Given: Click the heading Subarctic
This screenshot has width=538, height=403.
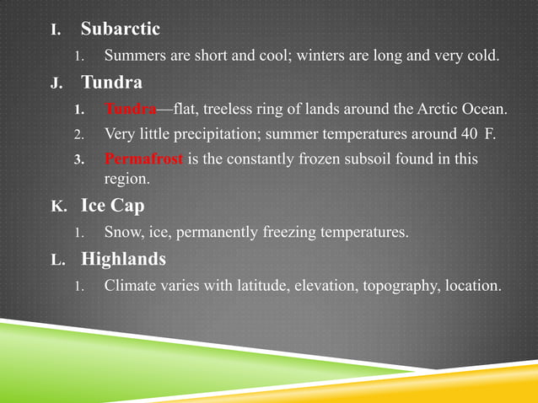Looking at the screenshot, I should coord(120,30).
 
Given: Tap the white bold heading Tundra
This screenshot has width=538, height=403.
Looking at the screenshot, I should coord(111,83).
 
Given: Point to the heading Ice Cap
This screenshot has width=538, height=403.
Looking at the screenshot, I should coord(112,206).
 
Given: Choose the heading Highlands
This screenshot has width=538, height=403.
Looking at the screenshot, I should coord(123,259).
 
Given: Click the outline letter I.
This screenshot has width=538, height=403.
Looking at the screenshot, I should coord(56,30).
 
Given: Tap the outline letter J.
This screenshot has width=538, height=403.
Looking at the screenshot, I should coord(56,83).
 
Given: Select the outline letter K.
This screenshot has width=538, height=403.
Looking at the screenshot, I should coord(56,207).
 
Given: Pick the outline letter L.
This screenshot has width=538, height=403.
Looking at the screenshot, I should coord(56,260).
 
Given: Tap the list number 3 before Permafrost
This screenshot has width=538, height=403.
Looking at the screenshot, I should coord(78,159).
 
